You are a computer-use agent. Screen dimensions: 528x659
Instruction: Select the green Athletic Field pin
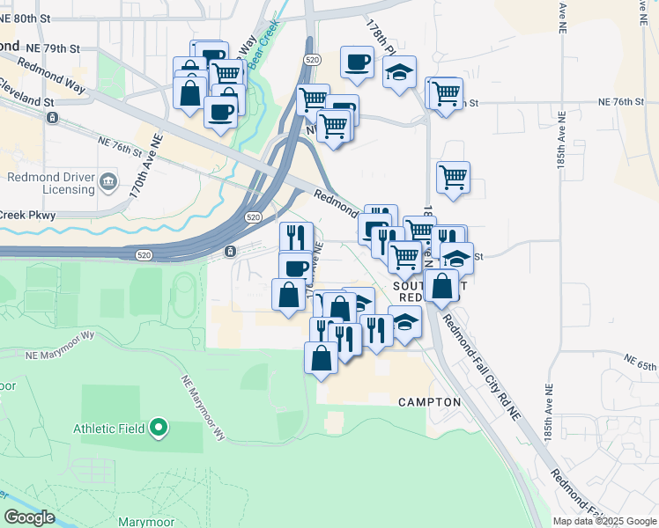coord(159,429)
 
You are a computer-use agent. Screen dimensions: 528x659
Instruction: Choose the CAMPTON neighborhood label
coord(429,402)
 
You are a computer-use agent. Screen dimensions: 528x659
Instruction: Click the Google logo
coord(29,517)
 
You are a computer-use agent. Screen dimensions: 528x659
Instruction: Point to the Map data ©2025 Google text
coord(603,521)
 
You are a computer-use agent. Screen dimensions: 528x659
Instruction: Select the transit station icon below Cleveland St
coord(54,117)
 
